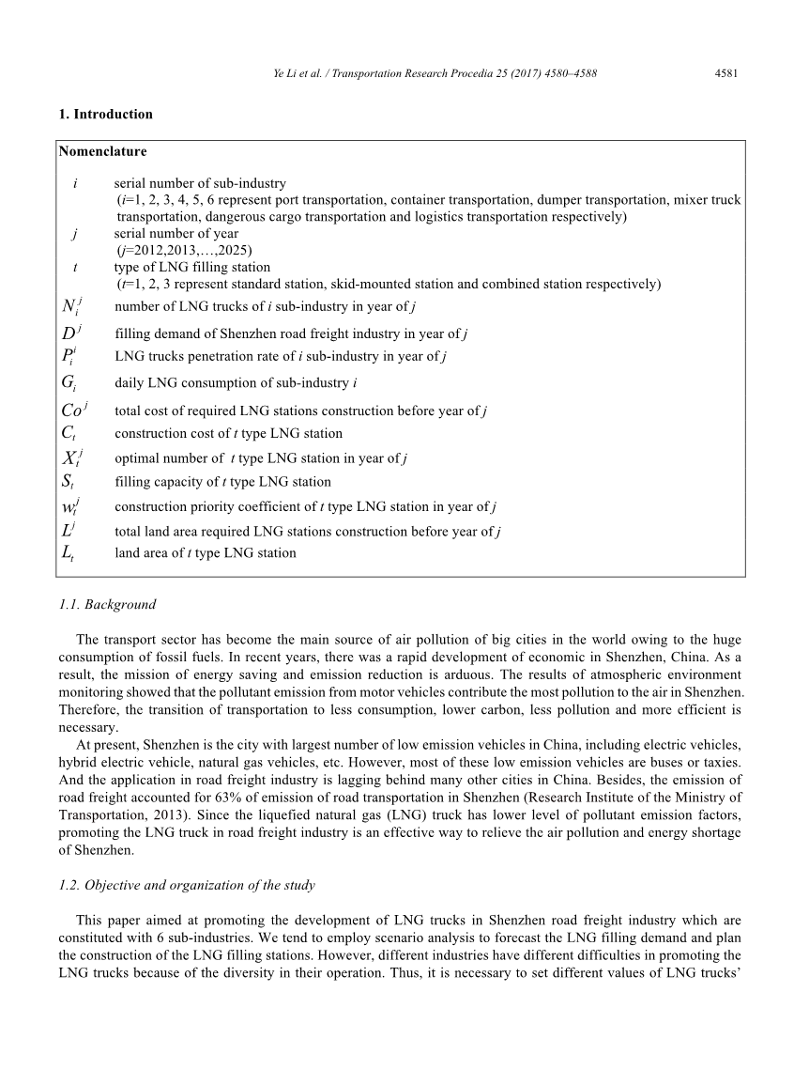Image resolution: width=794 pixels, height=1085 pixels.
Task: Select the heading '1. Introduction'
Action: pos(105,115)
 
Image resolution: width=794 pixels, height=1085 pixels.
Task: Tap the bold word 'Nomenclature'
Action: pos(102,150)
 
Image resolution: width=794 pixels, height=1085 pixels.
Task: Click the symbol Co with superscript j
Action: pos(73,410)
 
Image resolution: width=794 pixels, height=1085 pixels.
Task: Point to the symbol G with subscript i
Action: pos(68,383)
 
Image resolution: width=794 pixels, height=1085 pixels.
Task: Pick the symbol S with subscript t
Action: pos(68,483)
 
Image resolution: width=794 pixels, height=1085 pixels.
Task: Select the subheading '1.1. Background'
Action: pos(107,604)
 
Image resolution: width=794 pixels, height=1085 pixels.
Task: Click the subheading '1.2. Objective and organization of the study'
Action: pos(187,885)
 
